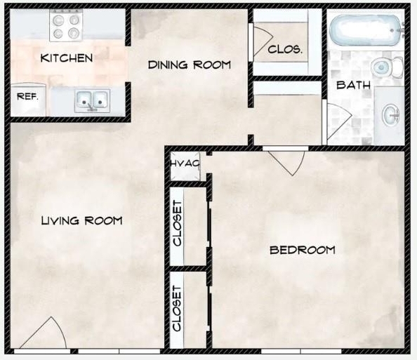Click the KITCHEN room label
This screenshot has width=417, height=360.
pos(67,58)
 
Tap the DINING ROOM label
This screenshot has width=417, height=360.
pos(190,65)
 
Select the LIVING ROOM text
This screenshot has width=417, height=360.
pos(82,220)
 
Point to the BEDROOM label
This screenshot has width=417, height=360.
pos(303,251)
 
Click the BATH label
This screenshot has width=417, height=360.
pos(353,85)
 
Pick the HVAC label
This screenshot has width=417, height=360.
pos(185,164)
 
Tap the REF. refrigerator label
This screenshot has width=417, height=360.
pos(27,97)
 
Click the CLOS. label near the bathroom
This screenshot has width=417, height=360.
pos(285,49)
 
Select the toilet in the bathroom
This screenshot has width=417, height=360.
pos(387,67)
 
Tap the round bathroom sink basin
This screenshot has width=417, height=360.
pos(391,115)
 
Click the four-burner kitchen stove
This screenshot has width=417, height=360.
pos(66,26)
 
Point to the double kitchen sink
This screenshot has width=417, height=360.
pos(92,101)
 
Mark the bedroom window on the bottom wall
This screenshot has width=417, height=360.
pos(301,352)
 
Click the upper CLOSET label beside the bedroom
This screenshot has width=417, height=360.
pos(178,223)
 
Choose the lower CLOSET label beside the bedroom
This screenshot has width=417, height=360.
pos(177,308)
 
